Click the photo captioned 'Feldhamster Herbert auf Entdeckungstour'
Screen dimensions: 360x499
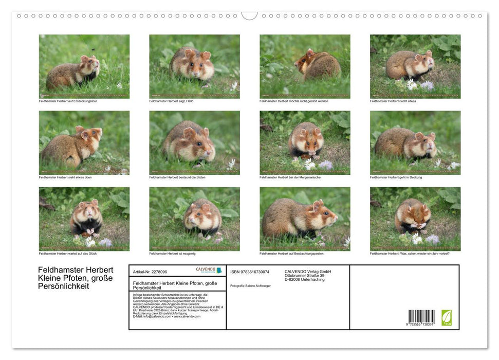tap(84, 66)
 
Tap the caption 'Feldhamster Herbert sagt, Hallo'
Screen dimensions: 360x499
tap(171, 101)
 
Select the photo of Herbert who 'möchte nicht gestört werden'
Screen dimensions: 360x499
tap(305, 66)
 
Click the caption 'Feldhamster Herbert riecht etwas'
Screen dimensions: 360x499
tap(393, 101)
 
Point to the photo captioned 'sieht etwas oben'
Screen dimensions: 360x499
tap(84, 142)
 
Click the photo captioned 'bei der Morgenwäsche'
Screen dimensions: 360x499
tap(305, 142)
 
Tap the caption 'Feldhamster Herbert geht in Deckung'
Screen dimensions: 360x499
tap(396, 177)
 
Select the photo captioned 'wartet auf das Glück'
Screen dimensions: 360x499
tap(84, 219)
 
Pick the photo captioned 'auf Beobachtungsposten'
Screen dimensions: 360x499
tap(305, 219)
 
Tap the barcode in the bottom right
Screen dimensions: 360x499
tap(421, 317)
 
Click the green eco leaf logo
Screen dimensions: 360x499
tap(447, 317)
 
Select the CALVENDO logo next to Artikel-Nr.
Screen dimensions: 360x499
tap(209, 270)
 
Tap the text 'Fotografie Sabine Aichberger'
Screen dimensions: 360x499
tap(251, 285)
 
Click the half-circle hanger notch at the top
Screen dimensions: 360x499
tap(249, 15)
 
